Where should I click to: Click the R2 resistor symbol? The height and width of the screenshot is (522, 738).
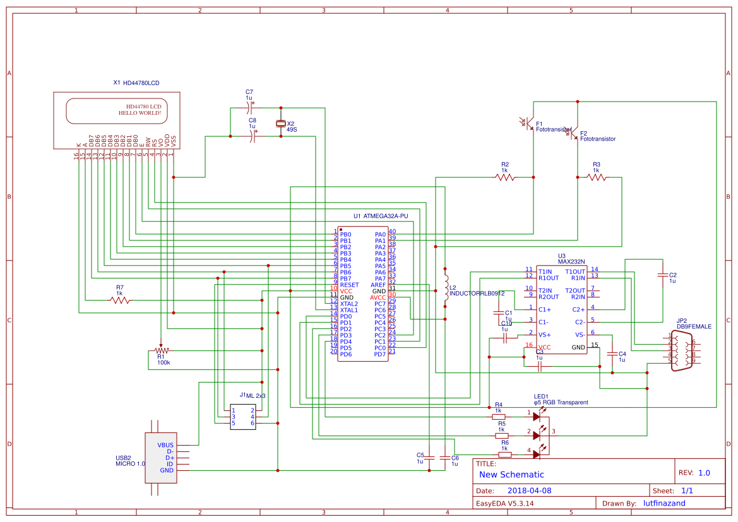(x=505, y=178)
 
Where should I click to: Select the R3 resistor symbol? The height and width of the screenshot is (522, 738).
(x=597, y=178)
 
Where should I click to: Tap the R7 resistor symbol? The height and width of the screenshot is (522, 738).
(x=120, y=300)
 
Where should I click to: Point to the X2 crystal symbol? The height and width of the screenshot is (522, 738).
(x=281, y=124)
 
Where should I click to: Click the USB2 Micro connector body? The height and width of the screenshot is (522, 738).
(x=160, y=458)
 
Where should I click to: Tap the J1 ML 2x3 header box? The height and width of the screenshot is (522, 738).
(x=243, y=417)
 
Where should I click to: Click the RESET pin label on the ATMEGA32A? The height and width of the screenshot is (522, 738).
(x=349, y=285)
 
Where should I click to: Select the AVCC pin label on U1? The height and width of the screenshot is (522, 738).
(x=378, y=298)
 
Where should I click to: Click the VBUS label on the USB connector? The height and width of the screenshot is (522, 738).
(x=165, y=445)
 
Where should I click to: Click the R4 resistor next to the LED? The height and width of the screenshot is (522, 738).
(x=499, y=416)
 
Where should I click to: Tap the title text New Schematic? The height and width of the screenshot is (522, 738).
(x=511, y=475)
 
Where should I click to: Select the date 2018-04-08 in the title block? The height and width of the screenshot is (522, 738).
(x=529, y=490)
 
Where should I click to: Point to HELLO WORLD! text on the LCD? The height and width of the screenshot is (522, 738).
(x=140, y=113)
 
